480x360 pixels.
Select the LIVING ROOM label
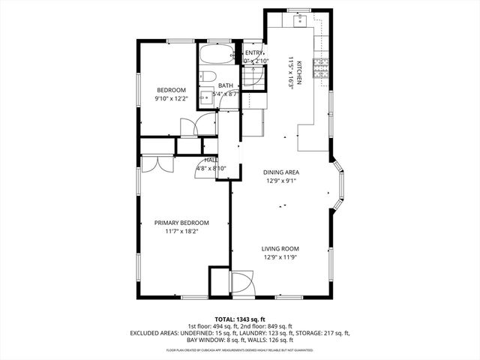tap(280, 249)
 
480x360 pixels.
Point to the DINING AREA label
tap(281, 172)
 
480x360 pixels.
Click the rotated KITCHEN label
tap(298, 73)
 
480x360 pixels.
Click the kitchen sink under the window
tap(300, 19)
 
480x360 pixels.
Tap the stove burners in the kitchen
tap(320, 69)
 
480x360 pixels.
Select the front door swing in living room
tap(241, 283)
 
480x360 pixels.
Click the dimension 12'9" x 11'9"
tap(280, 258)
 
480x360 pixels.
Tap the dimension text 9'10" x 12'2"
tap(171, 98)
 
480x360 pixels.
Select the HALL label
tap(211, 160)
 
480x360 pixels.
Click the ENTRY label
tap(254, 52)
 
